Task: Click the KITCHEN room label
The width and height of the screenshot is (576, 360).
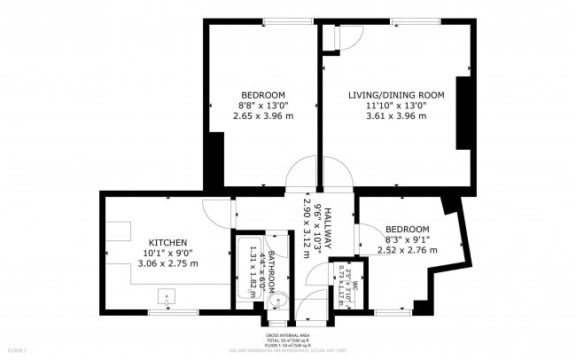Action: tap(167, 241)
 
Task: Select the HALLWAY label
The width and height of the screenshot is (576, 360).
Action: tap(326, 228)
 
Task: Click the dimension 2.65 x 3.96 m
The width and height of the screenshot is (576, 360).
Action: tap(263, 115)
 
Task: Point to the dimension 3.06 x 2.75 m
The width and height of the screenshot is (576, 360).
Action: tap(167, 262)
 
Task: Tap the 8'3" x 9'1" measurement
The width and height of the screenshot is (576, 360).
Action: tap(408, 239)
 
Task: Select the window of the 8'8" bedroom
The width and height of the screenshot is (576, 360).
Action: tap(263, 20)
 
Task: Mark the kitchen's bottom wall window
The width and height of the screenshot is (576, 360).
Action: tap(161, 312)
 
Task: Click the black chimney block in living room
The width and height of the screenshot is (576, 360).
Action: tap(462, 112)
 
